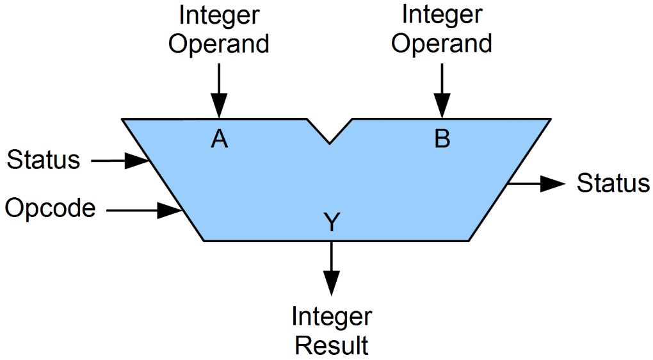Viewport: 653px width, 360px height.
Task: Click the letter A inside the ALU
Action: [219, 138]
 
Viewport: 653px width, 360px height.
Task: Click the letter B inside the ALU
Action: [442, 138]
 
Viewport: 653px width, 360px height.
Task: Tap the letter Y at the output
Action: [331, 222]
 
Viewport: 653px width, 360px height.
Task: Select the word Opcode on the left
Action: [50, 208]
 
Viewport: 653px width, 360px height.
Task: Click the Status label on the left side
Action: [44, 160]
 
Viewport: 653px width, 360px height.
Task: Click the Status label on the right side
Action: [613, 183]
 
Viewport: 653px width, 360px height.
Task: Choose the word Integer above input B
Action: [442, 14]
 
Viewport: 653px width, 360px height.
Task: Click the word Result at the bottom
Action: [331, 345]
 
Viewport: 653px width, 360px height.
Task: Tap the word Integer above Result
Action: [331, 316]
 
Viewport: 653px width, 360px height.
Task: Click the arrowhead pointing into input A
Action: [219, 106]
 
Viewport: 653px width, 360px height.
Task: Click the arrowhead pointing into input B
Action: [442, 106]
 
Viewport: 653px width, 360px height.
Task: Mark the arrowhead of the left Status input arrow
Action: [136, 161]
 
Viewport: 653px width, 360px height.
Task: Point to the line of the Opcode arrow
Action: [131, 209]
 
